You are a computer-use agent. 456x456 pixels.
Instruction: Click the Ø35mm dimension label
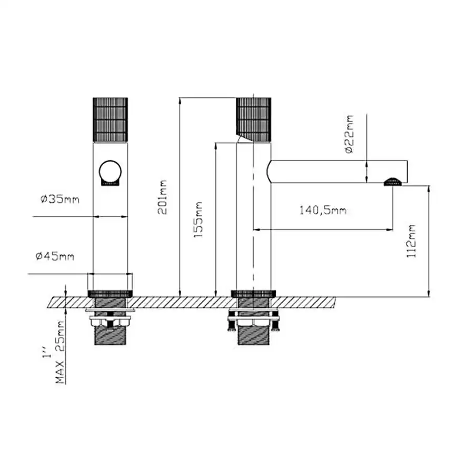58,200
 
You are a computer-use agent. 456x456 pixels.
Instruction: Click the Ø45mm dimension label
55,256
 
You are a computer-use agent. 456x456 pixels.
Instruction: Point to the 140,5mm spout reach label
323,211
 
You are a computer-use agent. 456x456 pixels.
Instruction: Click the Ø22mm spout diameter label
349,134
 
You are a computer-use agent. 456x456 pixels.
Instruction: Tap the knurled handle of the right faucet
254,119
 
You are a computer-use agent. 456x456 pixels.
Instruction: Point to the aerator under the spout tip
393,183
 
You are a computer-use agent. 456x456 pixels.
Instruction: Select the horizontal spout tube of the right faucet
337,171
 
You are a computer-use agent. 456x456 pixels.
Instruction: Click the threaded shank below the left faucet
111,335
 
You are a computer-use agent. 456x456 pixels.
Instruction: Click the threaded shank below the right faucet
254,335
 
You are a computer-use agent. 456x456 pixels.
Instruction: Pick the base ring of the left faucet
111,293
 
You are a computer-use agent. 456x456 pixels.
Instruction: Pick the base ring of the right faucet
254,293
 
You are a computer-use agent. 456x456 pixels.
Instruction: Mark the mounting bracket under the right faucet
254,318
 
